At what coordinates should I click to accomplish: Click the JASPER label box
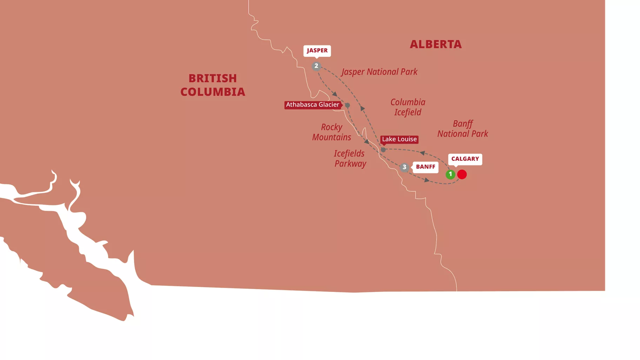pyautogui.click(x=317, y=51)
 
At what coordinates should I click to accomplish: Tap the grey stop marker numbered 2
pyautogui.click(x=316, y=66)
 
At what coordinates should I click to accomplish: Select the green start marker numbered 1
pyautogui.click(x=450, y=174)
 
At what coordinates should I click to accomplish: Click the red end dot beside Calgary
pyautogui.click(x=462, y=174)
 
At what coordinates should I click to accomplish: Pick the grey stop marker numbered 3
pyautogui.click(x=404, y=167)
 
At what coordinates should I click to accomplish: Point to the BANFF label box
pyautogui.click(x=425, y=167)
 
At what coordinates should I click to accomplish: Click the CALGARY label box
pyautogui.click(x=465, y=159)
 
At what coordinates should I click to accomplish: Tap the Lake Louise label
pyautogui.click(x=399, y=139)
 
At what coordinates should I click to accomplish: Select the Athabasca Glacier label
pyautogui.click(x=312, y=105)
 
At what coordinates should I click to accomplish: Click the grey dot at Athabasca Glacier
pyautogui.click(x=347, y=105)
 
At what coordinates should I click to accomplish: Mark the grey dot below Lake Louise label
pyautogui.click(x=383, y=150)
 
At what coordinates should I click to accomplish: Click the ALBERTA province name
pyautogui.click(x=435, y=44)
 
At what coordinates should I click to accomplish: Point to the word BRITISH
pyautogui.click(x=213, y=78)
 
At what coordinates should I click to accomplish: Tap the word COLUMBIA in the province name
pyautogui.click(x=213, y=92)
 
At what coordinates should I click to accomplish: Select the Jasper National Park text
pyautogui.click(x=379, y=72)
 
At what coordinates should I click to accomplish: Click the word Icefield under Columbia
pyautogui.click(x=407, y=112)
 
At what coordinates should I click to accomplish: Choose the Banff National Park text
pyautogui.click(x=462, y=129)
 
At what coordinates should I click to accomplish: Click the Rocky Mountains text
pyautogui.click(x=332, y=132)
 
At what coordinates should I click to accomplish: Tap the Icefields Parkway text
pyautogui.click(x=350, y=159)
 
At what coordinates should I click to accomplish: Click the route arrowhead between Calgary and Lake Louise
pyautogui.click(x=422, y=153)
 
